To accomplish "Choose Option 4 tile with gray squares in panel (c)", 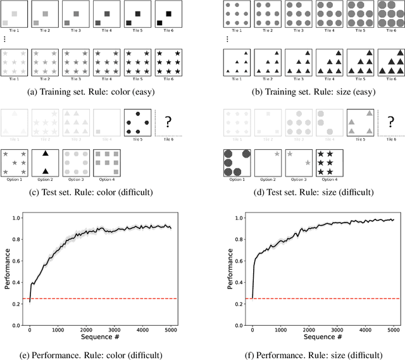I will coord(106,162).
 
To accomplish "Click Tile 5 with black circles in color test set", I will coord(137,118).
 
